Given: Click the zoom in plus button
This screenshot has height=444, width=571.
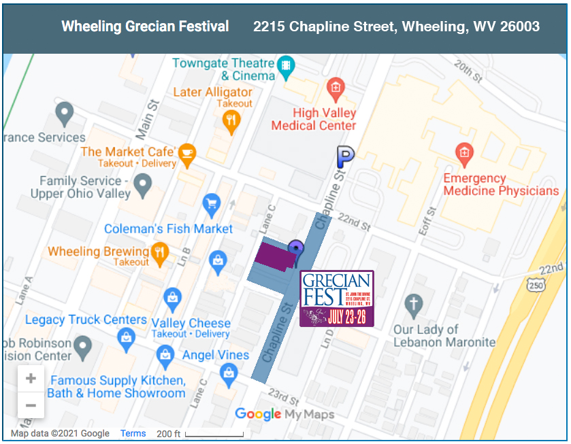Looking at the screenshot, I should (x=31, y=379).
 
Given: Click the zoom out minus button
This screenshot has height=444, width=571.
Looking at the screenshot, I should (x=31, y=405).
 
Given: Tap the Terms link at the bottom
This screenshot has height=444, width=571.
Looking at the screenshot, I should (x=133, y=433).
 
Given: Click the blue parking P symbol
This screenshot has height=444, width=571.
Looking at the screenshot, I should (x=346, y=158).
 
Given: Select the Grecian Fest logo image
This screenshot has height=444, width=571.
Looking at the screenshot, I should (x=337, y=298).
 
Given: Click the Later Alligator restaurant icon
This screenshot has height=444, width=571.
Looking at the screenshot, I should (x=231, y=121).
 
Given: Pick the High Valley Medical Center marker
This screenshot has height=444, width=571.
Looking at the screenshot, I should (x=334, y=87).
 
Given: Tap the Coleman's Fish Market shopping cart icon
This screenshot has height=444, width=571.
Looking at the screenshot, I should (x=212, y=203).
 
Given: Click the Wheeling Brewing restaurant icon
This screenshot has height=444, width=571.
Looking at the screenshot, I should (x=160, y=252).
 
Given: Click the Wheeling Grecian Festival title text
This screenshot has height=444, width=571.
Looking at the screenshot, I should (x=145, y=27).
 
